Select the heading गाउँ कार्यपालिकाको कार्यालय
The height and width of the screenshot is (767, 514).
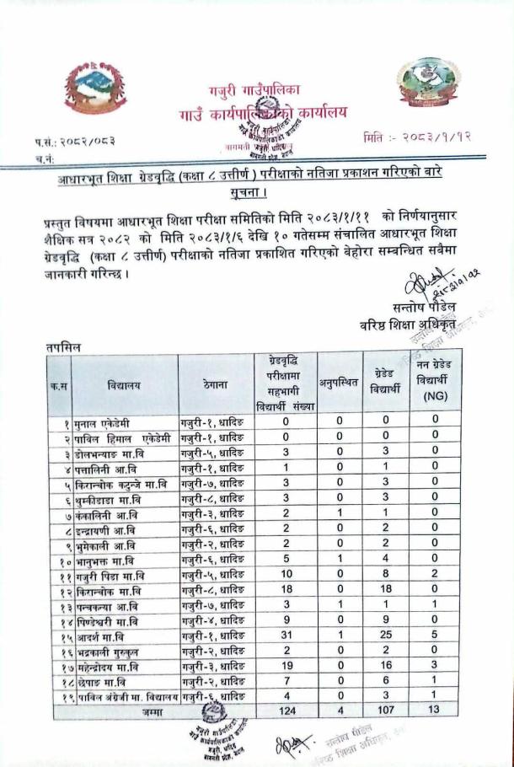tap(262, 113)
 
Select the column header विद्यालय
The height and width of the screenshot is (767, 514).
tap(125, 384)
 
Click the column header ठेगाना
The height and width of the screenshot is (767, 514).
tap(215, 384)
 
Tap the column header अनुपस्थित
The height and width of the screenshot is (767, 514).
tap(340, 384)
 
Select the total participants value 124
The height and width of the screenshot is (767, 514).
tap(285, 711)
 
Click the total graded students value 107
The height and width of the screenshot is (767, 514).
tap(386, 711)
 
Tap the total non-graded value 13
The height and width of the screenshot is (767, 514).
tap(435, 711)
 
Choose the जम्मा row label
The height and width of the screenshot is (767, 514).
tap(153, 712)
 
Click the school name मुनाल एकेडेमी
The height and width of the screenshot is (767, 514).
tap(106, 421)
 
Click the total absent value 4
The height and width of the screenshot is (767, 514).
tap(340, 711)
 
